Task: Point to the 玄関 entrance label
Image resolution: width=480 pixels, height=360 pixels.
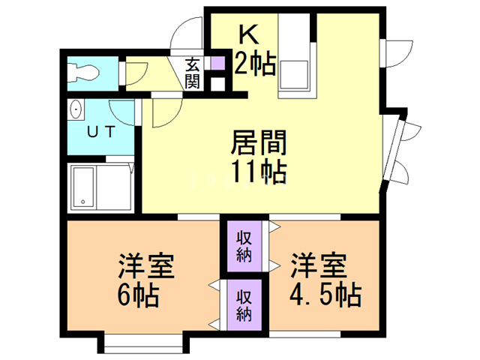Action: pos(193,73)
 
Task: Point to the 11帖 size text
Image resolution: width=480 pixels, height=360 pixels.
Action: pos(257,172)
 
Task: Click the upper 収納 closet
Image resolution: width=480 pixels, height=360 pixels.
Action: pos(244,245)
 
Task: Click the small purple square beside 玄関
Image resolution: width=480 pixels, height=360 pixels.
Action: pos(217,64)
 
